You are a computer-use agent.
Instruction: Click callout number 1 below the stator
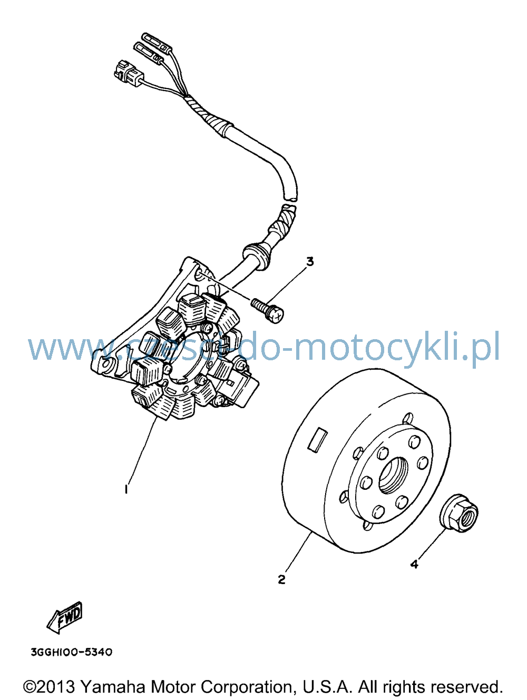(126, 489)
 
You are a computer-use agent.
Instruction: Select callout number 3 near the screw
(310, 261)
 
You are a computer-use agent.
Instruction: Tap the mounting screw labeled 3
(267, 310)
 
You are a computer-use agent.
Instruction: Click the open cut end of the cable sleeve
(290, 198)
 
